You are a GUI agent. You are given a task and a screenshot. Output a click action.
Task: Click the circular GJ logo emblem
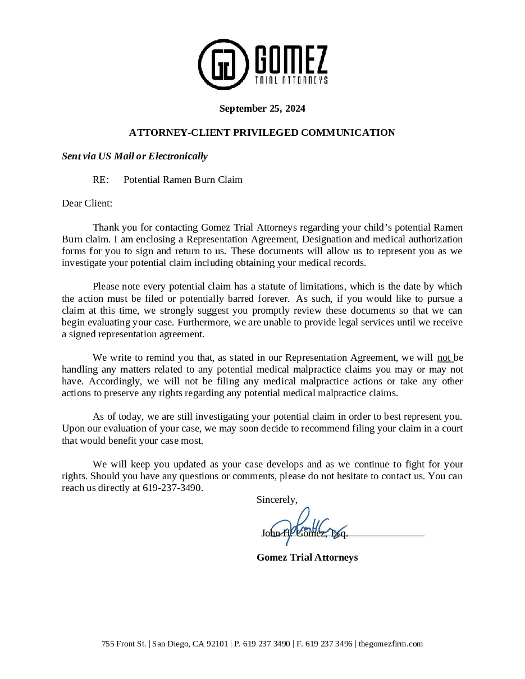(x=223, y=64)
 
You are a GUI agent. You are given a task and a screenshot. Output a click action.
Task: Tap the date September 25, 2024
(x=262, y=108)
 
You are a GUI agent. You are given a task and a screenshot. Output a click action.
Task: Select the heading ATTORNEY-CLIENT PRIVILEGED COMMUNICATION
(x=262, y=132)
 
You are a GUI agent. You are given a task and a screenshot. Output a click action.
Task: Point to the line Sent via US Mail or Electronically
(x=135, y=156)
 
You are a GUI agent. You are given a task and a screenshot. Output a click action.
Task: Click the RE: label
(x=101, y=180)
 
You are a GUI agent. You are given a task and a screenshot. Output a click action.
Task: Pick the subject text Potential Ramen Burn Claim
(x=183, y=180)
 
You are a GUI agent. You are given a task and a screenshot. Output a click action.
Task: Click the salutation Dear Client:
(x=87, y=203)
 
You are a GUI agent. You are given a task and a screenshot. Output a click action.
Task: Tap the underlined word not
(x=444, y=357)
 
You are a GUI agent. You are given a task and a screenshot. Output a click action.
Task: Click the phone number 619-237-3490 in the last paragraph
(x=172, y=488)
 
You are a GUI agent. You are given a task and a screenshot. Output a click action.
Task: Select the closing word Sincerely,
(x=277, y=499)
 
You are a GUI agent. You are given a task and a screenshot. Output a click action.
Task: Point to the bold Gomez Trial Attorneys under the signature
(x=307, y=557)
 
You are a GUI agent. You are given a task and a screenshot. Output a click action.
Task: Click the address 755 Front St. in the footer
(x=124, y=644)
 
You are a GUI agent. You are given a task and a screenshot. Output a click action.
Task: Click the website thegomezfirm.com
(x=391, y=644)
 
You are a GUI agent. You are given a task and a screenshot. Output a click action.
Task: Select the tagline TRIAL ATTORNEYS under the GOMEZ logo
(x=291, y=80)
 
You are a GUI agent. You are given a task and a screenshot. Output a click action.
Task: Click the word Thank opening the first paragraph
(x=105, y=227)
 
